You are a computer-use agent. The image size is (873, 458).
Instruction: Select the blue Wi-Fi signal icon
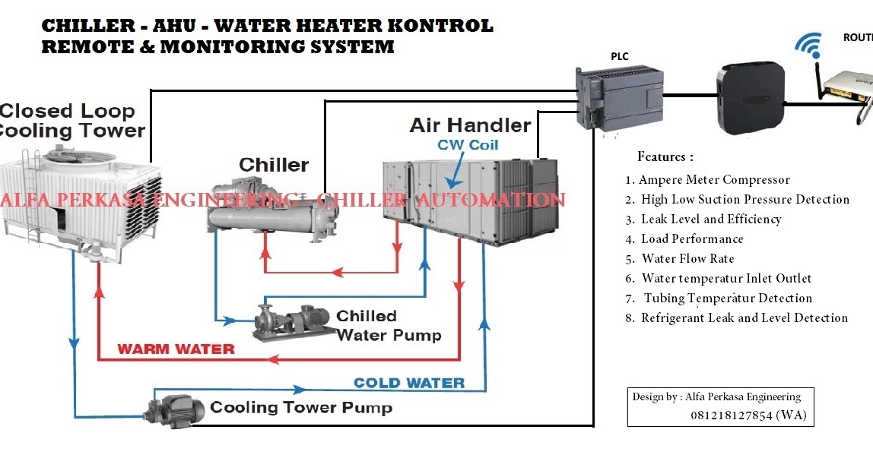808,46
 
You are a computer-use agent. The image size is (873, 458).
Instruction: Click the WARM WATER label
176,349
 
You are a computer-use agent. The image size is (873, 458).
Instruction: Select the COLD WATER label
409,383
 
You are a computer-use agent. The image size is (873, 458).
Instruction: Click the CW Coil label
468,144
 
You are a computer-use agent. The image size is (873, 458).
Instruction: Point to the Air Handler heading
470,125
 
